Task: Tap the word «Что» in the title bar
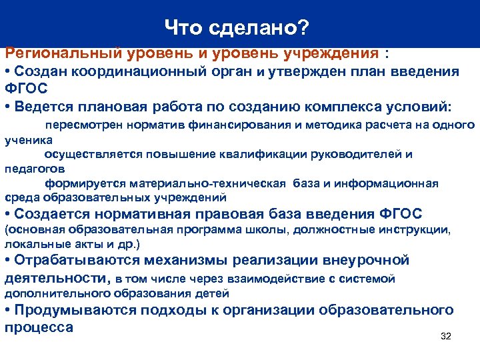pos(184,27)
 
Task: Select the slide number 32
pos(446,336)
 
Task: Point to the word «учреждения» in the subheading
pos(323,52)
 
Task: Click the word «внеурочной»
pos(366,260)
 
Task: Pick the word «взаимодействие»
pos(269,279)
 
